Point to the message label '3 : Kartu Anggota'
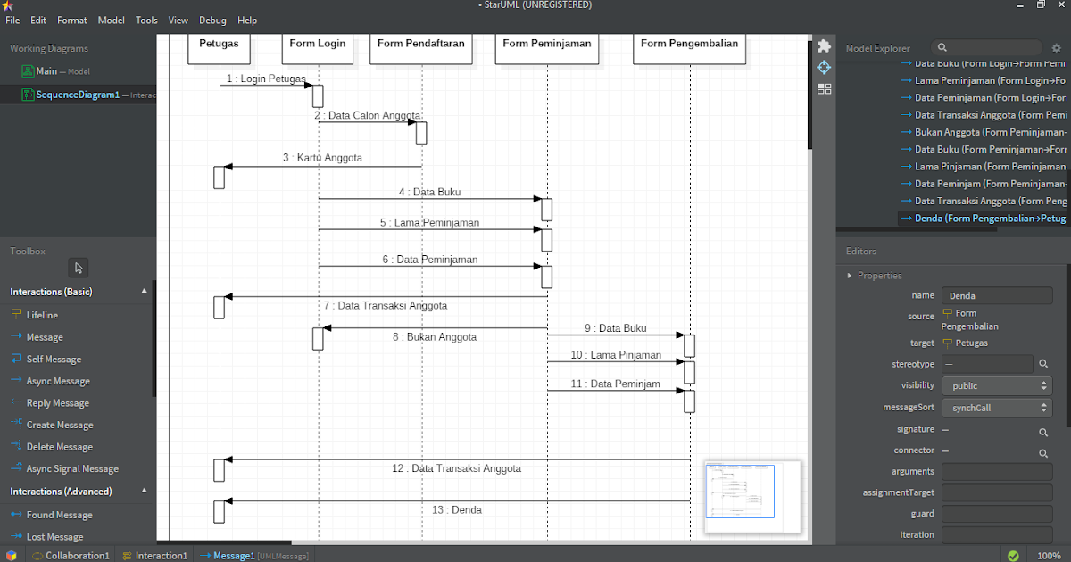[322, 158]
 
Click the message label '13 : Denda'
[456, 510]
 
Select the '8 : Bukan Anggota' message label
[435, 337]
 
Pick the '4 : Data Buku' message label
[430, 192]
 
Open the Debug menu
[212, 21]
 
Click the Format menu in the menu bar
[72, 21]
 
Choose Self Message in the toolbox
[54, 360]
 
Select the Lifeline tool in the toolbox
[42, 315]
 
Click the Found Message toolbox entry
[59, 515]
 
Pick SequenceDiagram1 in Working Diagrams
[78, 95]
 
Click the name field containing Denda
[997, 295]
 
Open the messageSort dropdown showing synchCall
[997, 408]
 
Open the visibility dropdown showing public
[997, 386]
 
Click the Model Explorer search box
[982, 48]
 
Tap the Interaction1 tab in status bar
[162, 556]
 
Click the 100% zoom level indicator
[1049, 556]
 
